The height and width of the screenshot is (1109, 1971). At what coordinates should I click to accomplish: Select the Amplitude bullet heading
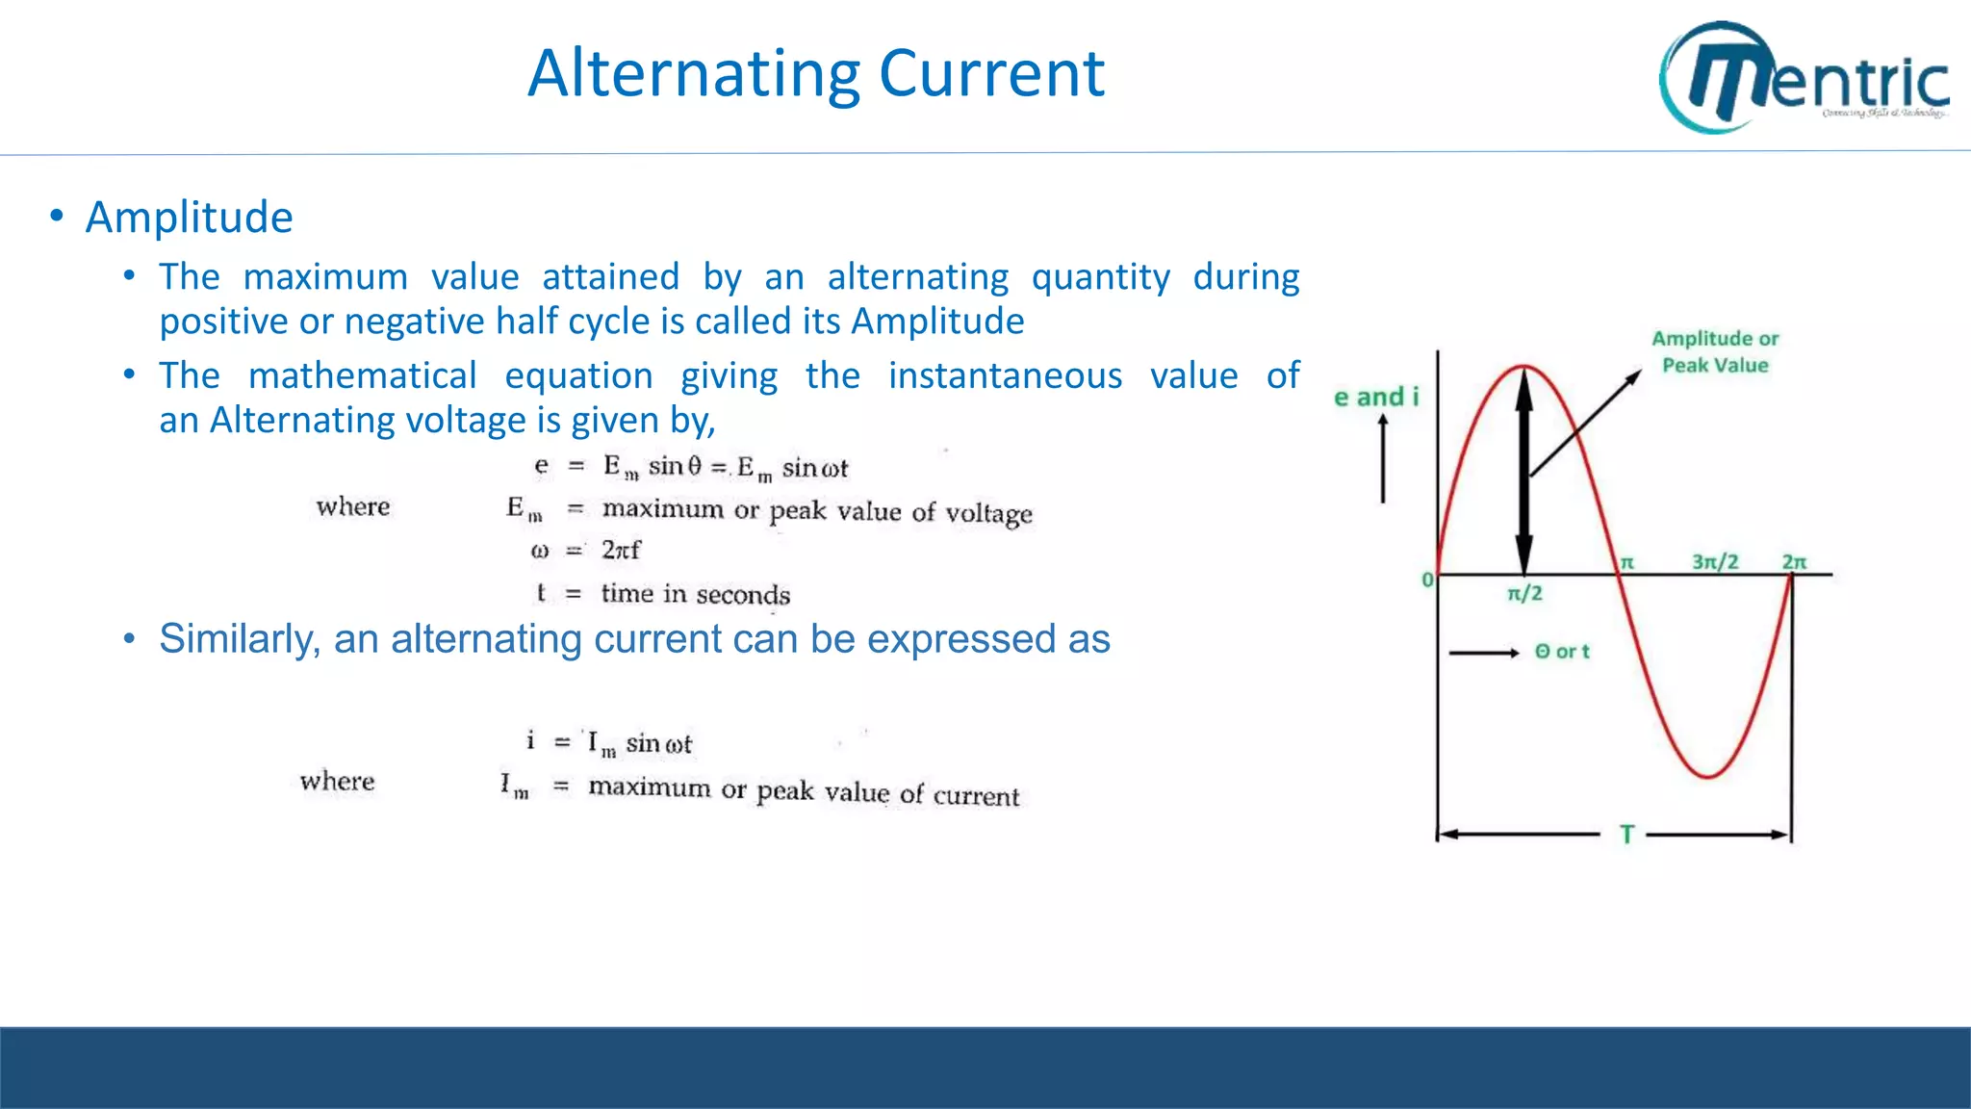point(189,217)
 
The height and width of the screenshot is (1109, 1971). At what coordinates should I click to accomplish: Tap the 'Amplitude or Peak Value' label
point(1715,351)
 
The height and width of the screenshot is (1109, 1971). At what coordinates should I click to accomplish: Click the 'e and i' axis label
point(1376,397)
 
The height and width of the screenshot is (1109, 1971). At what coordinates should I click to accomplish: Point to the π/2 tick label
point(1524,594)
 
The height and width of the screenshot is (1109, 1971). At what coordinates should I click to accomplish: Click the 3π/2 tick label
point(1715,561)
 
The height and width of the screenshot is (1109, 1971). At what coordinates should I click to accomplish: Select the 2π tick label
point(1794,561)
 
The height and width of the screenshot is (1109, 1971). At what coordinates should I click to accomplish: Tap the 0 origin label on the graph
point(1427,580)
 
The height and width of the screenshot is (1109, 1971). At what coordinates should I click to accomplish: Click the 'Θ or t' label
point(1562,652)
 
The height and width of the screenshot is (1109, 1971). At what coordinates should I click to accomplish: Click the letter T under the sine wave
point(1626,835)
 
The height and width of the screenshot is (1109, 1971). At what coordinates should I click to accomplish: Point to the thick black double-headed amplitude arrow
point(1523,472)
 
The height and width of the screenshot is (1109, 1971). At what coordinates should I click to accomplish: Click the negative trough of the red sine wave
point(1708,775)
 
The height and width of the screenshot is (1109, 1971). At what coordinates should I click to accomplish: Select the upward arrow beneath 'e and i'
point(1383,459)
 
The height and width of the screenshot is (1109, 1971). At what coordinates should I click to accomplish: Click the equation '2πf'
point(621,550)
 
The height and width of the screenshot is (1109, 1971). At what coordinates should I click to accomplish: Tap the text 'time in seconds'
point(695,594)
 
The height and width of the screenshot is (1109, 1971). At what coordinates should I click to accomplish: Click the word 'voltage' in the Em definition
point(988,513)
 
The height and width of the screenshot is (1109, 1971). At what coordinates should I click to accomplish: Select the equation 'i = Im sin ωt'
point(608,742)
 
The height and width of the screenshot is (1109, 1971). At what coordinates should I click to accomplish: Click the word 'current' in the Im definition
point(976,795)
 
